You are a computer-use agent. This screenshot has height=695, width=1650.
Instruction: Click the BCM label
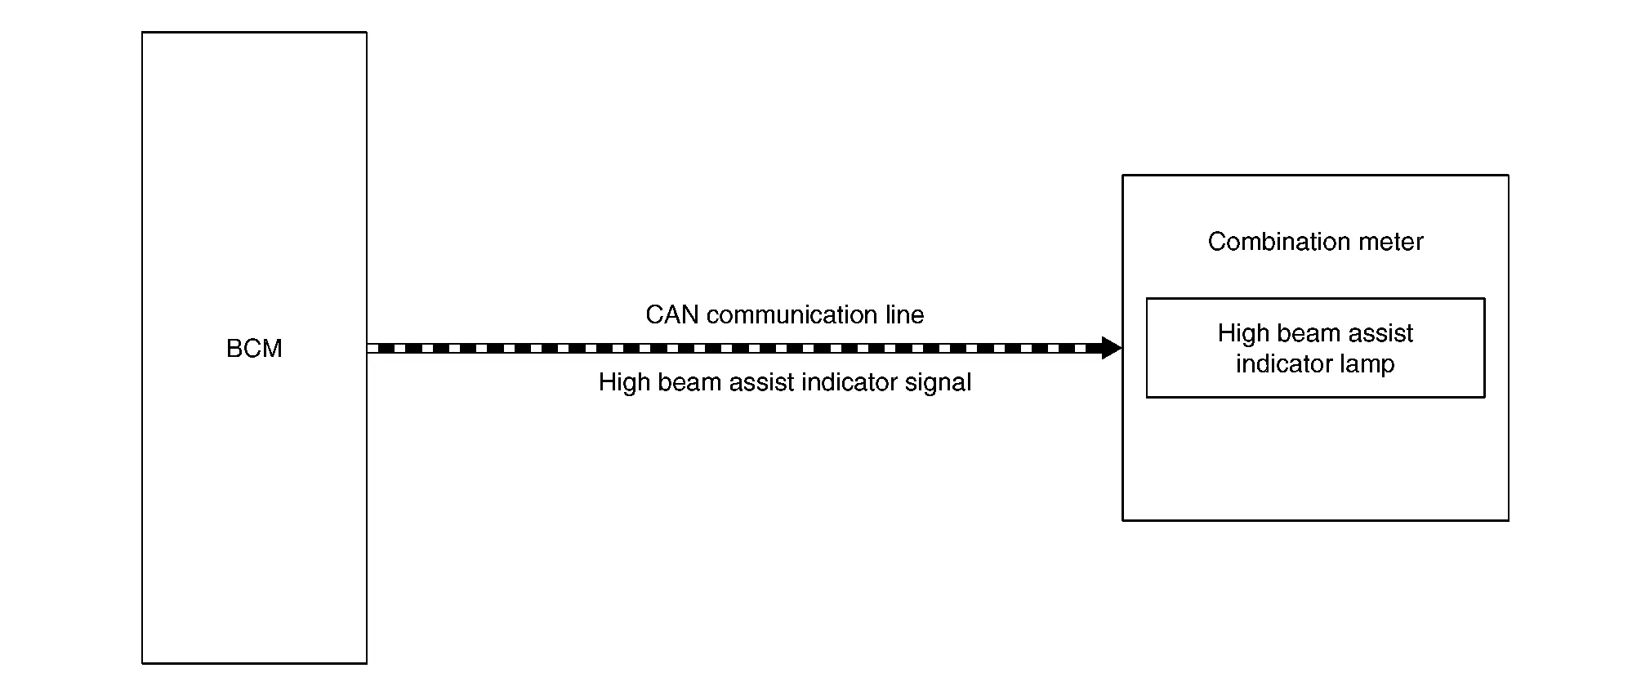click(254, 349)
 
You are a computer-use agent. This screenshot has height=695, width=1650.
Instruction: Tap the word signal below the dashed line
click(938, 382)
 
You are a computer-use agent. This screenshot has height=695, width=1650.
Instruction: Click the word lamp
click(1367, 363)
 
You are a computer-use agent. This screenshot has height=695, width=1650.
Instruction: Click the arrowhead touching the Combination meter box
click(1111, 348)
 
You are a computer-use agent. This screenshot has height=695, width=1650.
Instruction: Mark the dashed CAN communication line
click(735, 348)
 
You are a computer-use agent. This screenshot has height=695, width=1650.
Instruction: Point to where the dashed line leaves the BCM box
click(368, 348)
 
